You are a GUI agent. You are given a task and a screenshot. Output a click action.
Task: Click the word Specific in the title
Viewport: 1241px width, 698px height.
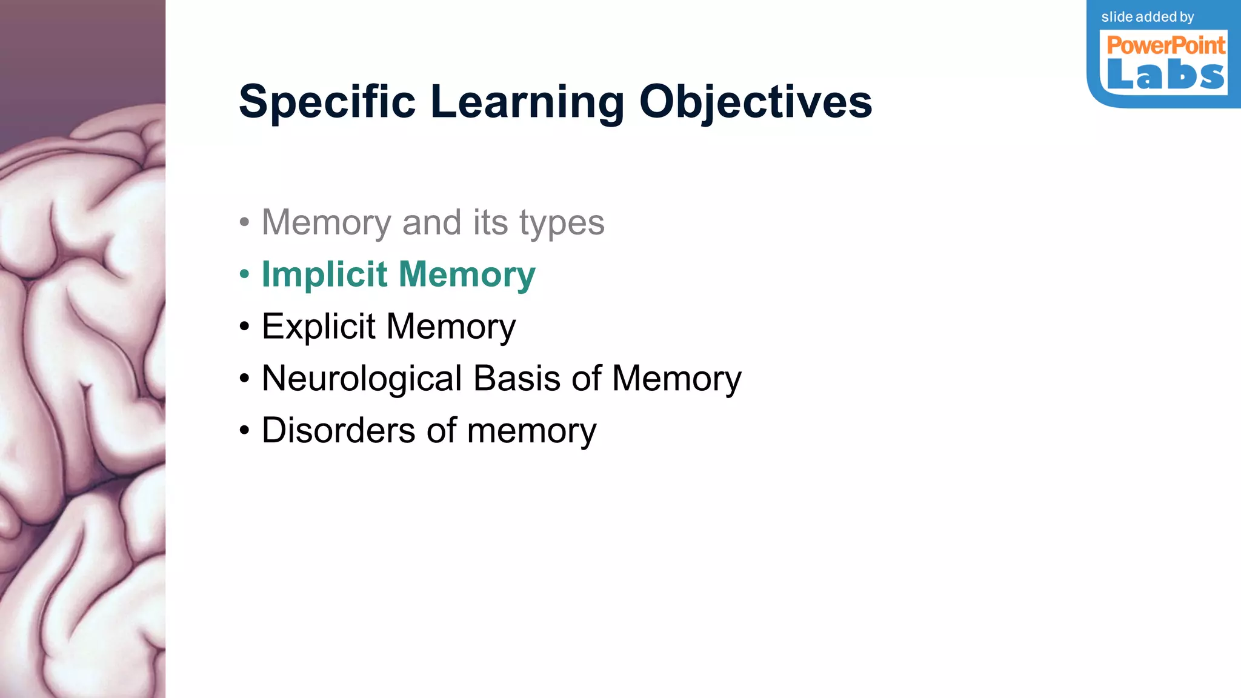click(x=327, y=102)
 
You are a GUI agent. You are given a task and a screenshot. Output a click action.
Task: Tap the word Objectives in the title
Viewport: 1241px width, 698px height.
click(x=756, y=102)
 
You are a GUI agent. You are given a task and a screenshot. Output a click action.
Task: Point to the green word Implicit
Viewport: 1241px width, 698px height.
click(x=324, y=274)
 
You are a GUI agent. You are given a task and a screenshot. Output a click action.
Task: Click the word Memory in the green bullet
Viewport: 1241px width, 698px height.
click(x=467, y=274)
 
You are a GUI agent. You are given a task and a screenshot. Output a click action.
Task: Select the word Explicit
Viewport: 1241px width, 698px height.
click(x=318, y=327)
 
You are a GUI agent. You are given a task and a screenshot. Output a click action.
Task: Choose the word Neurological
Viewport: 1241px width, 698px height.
click(x=362, y=379)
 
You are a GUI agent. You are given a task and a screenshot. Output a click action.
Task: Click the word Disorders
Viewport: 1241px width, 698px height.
click(x=339, y=431)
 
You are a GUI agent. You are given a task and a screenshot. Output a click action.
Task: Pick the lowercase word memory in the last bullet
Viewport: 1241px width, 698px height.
click(x=531, y=431)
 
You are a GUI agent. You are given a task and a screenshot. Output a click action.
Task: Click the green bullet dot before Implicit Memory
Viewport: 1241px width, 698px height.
click(x=244, y=274)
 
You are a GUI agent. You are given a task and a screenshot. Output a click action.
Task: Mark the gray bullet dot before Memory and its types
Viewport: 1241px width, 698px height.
click(x=244, y=222)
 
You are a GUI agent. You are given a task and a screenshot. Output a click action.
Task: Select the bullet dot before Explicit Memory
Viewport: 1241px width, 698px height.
click(x=244, y=327)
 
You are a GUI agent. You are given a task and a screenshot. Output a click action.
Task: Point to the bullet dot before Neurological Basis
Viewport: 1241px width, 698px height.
click(x=244, y=379)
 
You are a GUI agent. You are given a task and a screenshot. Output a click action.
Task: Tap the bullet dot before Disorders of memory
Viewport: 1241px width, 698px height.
click(x=244, y=431)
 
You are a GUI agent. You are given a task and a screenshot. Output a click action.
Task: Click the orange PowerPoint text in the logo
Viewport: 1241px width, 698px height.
click(x=1165, y=45)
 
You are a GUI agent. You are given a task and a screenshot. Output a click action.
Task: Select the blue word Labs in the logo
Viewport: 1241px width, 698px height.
click(x=1165, y=76)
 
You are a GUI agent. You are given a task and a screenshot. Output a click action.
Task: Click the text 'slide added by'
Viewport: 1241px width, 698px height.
click(x=1147, y=17)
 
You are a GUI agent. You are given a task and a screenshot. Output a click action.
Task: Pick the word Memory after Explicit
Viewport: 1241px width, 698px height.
click(x=451, y=327)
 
